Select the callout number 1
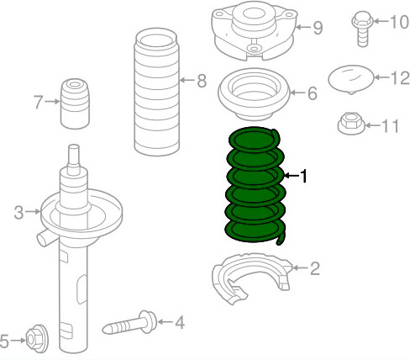coord(304,177)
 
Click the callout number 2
coord(315,269)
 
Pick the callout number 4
coord(179,321)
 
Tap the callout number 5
coord(6,341)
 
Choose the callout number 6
coord(312,93)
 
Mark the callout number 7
coord(38,103)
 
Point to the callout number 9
coord(318,28)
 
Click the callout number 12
coord(399,78)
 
